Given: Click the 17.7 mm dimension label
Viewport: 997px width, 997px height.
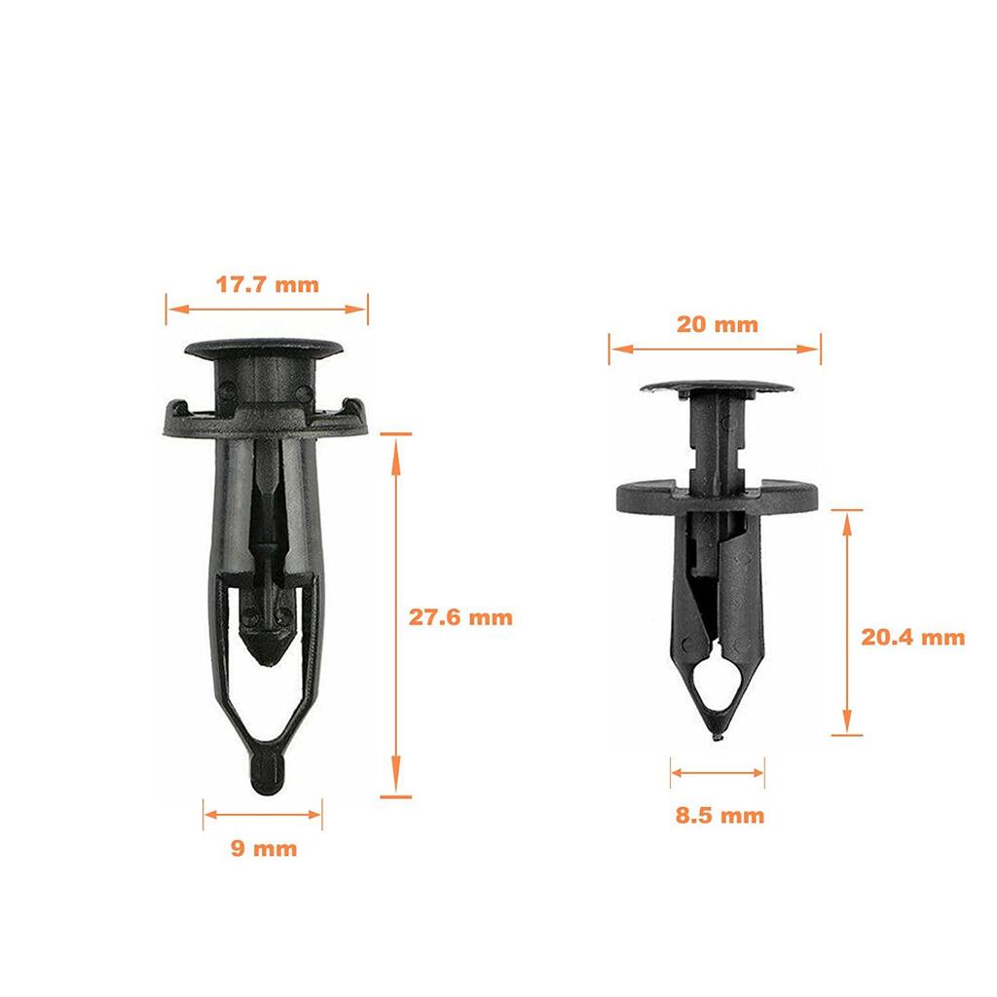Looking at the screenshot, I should pos(267,285).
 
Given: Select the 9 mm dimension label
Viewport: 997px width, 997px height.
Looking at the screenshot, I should pos(263,848).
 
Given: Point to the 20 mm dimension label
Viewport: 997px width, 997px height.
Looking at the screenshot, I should pos(717,324).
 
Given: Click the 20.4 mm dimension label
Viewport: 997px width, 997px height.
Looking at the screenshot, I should pos(912,637).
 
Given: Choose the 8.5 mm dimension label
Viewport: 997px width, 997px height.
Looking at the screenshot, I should pos(720,815).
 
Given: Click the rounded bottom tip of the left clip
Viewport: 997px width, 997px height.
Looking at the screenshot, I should pos(264,776).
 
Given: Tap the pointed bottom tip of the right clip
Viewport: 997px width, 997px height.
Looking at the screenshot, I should pos(718,736).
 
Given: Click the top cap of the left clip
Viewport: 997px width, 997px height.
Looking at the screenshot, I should pos(266,347).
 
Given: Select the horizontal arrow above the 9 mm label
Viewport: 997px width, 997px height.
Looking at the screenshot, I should pos(263,812).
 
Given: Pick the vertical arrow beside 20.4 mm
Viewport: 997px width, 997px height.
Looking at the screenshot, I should pos(848,622).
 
